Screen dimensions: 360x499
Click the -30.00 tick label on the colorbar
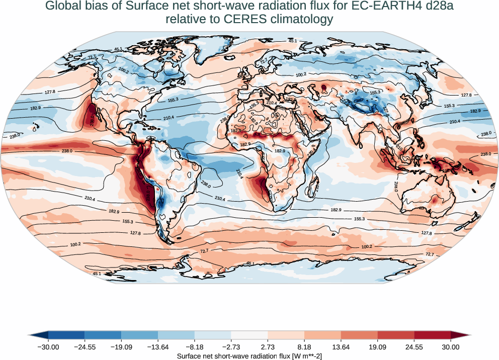[x=49, y=347]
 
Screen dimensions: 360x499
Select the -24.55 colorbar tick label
[x=85, y=347]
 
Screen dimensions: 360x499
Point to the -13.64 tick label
[x=158, y=347]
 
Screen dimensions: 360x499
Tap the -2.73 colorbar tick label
[x=231, y=347]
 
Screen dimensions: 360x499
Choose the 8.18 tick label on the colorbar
[x=304, y=347]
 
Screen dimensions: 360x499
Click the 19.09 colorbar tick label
[x=377, y=347]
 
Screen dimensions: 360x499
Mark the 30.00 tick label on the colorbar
[x=450, y=347]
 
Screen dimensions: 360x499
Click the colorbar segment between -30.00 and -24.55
[x=67, y=335]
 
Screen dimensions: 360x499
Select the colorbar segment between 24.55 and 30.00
[x=432, y=335]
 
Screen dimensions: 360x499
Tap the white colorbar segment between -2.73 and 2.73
[x=249, y=335]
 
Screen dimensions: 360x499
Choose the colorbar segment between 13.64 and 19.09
[x=359, y=335]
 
